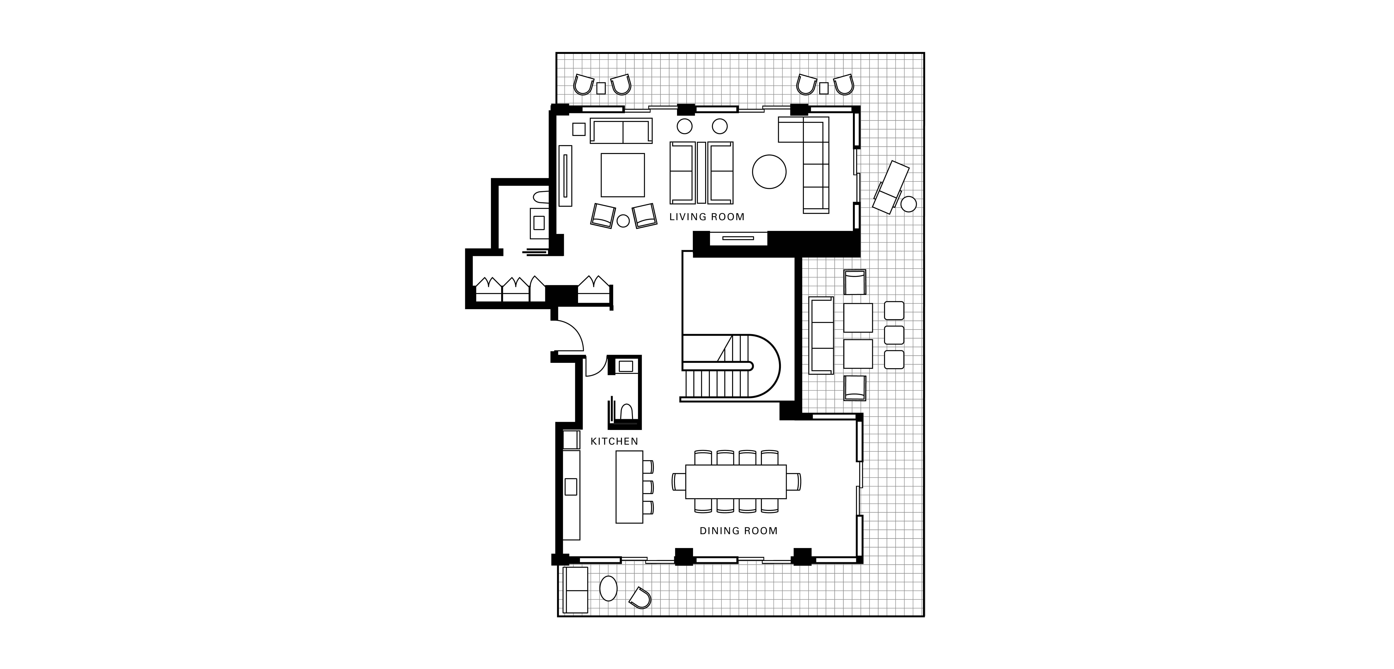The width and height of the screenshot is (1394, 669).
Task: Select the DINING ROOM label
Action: coord(739,531)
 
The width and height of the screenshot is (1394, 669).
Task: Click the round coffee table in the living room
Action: coord(769,172)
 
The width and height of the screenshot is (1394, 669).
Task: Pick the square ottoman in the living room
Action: coord(623,175)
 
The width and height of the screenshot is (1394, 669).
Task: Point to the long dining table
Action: coord(736,482)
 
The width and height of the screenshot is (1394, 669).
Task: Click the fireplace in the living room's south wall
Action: coord(738,238)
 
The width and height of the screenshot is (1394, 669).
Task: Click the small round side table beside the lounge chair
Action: coord(909,204)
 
